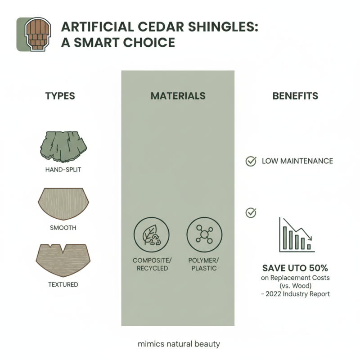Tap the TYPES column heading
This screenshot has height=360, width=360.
tap(60, 96)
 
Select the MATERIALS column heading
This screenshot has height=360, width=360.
tap(178, 96)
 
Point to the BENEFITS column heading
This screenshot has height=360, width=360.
tap(295, 96)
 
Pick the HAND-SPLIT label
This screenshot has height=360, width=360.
tap(63, 170)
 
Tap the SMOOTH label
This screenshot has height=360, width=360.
tap(63, 227)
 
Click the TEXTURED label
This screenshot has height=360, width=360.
tap(63, 284)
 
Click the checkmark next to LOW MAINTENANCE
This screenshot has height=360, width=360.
tap(251, 161)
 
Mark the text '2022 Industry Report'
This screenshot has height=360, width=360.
tap(298, 294)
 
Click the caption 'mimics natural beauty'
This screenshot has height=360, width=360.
tap(179, 344)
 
